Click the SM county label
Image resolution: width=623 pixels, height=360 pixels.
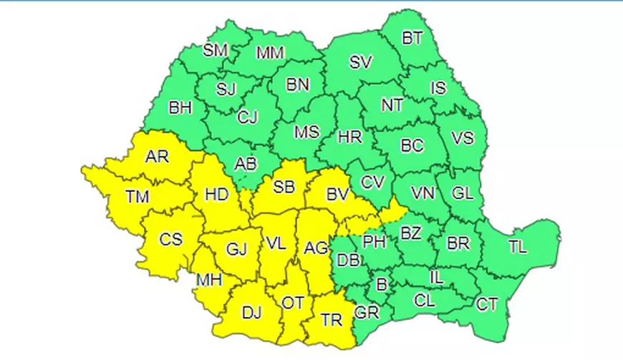point(216,50)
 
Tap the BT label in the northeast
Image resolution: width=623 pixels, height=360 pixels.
point(412,39)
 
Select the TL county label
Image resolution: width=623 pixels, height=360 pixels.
point(517,248)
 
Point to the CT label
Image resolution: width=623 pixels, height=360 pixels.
point(487,305)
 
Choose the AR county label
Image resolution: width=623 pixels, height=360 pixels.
point(157,156)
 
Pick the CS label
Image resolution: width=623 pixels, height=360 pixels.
point(170,240)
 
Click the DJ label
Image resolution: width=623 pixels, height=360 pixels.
point(251,312)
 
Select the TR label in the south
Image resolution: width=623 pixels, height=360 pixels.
point(332,320)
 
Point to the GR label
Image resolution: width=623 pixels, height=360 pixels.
point(367,313)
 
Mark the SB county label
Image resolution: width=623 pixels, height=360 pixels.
point(284,188)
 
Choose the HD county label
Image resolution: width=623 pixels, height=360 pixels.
point(218,193)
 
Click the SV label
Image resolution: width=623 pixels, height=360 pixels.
point(361,62)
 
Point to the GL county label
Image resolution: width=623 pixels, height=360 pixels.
point(464,193)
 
